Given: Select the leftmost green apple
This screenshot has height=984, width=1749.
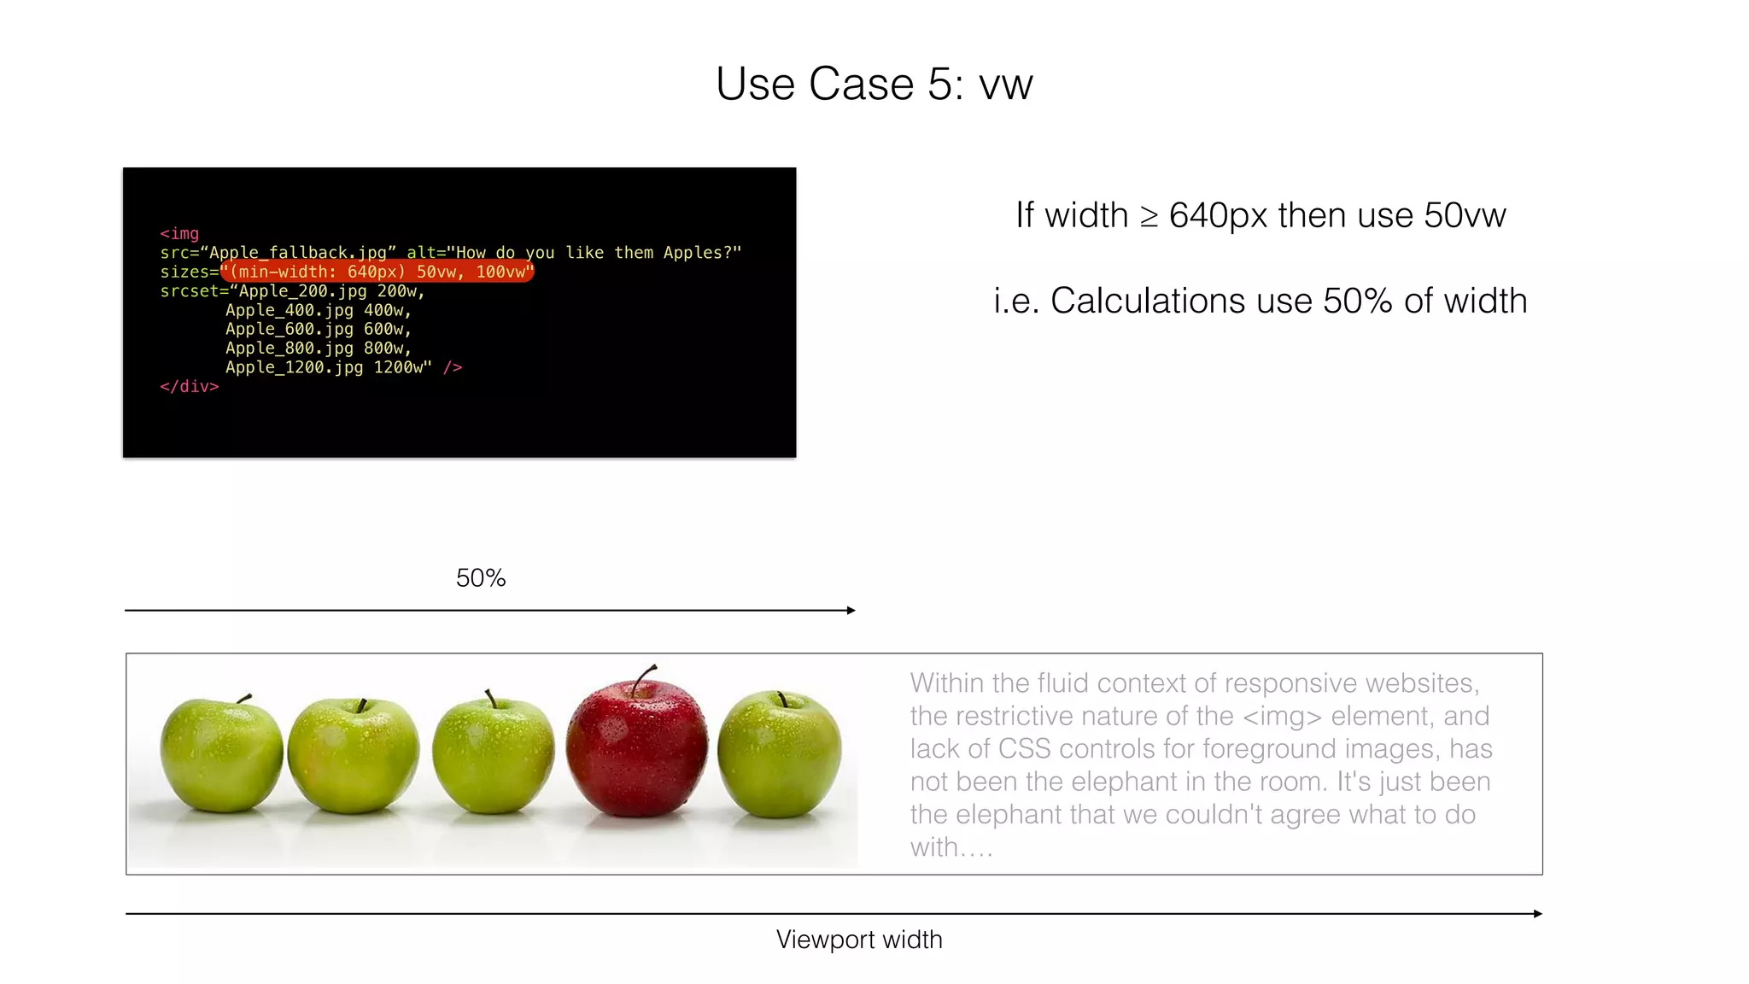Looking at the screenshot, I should (x=221, y=755).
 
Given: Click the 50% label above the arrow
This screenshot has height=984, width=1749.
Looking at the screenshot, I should (x=481, y=578).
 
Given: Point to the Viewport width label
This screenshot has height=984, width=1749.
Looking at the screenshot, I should (x=859, y=940).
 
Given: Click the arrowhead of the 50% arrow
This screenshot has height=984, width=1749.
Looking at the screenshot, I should (x=851, y=610).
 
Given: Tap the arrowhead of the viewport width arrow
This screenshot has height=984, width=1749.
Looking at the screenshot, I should (x=1537, y=914).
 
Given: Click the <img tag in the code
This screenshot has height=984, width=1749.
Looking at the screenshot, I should (x=179, y=234).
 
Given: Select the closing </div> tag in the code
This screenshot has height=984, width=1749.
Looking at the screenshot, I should (x=190, y=387).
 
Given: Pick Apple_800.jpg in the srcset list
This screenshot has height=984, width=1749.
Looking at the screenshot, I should (x=289, y=348).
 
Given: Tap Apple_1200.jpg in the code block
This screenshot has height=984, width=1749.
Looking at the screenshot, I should (x=294, y=367).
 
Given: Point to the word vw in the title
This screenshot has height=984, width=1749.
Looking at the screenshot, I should (x=1005, y=85).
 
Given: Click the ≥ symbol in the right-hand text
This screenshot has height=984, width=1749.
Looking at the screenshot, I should (x=1149, y=216).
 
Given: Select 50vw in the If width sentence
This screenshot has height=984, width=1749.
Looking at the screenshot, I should (x=1465, y=215).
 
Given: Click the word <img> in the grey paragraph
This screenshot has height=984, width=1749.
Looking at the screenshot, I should (x=1282, y=716).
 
